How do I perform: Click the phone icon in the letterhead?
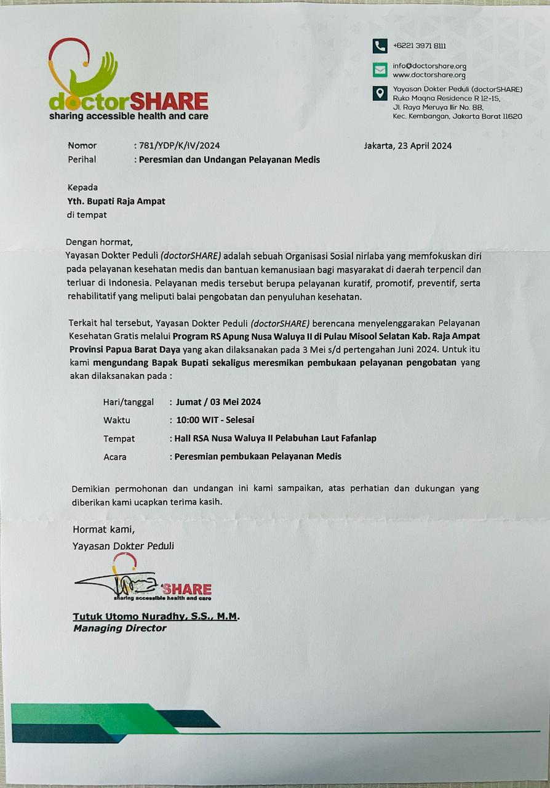[380, 46]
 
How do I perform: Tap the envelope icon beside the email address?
[380, 69]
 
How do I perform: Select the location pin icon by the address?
[380, 93]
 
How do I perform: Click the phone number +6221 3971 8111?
[420, 46]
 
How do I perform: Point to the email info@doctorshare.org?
[429, 66]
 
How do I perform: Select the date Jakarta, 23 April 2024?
[408, 146]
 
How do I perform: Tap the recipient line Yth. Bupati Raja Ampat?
[116, 201]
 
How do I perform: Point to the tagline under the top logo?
[129, 116]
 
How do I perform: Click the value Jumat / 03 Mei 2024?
[218, 402]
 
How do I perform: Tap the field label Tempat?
[119, 439]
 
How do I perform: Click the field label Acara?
[115, 457]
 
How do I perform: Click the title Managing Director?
[119, 629]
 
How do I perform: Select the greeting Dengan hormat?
[99, 241]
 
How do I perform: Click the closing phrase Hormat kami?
[103, 529]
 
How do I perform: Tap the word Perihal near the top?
[82, 159]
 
